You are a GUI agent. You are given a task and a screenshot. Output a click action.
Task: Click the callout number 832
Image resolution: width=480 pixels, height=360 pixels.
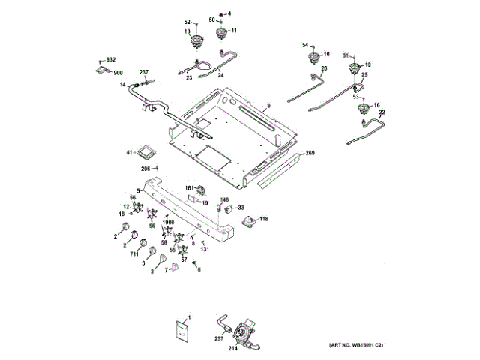click(x=111, y=59)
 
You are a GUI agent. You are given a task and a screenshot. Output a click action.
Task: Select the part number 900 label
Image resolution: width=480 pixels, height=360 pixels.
click(x=118, y=73)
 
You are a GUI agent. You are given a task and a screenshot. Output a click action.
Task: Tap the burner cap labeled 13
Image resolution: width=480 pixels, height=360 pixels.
click(x=198, y=41)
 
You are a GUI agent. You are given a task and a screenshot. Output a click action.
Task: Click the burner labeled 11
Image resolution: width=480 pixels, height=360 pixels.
click(x=222, y=33)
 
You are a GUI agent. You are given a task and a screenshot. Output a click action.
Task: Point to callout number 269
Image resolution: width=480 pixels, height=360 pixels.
click(x=310, y=154)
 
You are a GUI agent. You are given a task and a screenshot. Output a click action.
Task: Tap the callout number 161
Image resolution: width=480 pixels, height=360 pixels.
click(x=189, y=188)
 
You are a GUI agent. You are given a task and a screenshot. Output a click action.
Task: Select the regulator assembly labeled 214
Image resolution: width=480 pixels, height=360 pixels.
click(x=246, y=331)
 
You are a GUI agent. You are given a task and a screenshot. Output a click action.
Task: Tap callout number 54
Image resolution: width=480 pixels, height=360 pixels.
click(x=305, y=46)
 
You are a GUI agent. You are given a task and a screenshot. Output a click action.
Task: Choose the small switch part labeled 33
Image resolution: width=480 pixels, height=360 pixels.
click(x=232, y=208)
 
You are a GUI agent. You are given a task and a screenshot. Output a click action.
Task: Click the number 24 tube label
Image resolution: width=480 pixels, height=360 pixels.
click(x=220, y=75)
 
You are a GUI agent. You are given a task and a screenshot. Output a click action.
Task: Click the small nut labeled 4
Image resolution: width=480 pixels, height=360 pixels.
click(x=229, y=13)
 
